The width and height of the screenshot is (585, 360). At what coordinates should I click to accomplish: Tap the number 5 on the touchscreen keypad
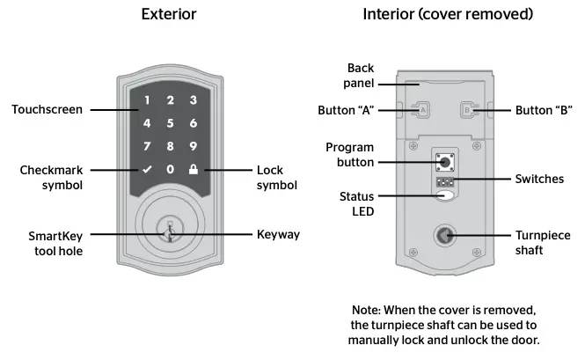click(171, 123)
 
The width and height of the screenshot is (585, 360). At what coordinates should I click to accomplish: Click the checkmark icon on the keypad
click(148, 169)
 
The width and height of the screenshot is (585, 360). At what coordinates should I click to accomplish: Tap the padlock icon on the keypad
click(193, 169)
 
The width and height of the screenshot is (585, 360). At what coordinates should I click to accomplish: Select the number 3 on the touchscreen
click(193, 100)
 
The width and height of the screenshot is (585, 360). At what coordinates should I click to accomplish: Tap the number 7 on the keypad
click(148, 146)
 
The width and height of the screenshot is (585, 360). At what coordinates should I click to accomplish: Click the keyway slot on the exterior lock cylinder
click(172, 233)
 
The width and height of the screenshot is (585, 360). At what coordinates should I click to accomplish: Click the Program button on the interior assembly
click(445, 162)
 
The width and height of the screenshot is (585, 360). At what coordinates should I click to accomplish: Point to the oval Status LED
click(446, 195)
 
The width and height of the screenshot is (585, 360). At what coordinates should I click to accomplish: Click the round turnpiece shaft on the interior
click(446, 236)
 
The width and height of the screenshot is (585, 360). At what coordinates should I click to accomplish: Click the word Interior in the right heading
click(387, 15)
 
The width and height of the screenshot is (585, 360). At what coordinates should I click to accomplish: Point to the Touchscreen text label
click(47, 110)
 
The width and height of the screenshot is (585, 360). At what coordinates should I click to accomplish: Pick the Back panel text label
click(361, 75)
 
